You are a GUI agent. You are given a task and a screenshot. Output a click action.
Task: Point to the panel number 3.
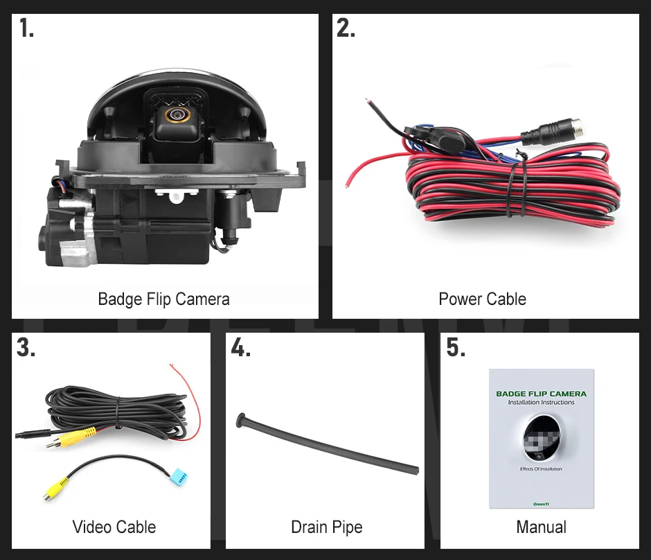pyautogui.click(x=26, y=347)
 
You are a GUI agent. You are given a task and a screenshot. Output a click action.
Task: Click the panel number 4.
pyautogui.click(x=240, y=347)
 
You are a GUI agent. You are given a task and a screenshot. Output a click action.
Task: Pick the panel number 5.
pyautogui.click(x=455, y=347)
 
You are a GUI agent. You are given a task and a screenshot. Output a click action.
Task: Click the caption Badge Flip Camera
pyautogui.click(x=163, y=299)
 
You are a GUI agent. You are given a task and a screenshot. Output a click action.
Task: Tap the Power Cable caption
pyautogui.click(x=482, y=299)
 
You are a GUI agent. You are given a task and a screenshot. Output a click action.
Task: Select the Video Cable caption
pyautogui.click(x=114, y=527)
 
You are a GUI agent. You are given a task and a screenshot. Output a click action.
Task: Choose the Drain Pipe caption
pyautogui.click(x=326, y=527)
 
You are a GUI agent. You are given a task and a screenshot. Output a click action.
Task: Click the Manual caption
pyautogui.click(x=541, y=527)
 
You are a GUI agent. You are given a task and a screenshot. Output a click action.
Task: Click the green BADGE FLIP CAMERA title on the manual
pyautogui.click(x=541, y=394)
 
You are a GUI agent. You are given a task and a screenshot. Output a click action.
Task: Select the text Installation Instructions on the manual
pyautogui.click(x=541, y=402)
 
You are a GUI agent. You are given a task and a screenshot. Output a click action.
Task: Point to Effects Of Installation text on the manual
pyautogui.click(x=541, y=469)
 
